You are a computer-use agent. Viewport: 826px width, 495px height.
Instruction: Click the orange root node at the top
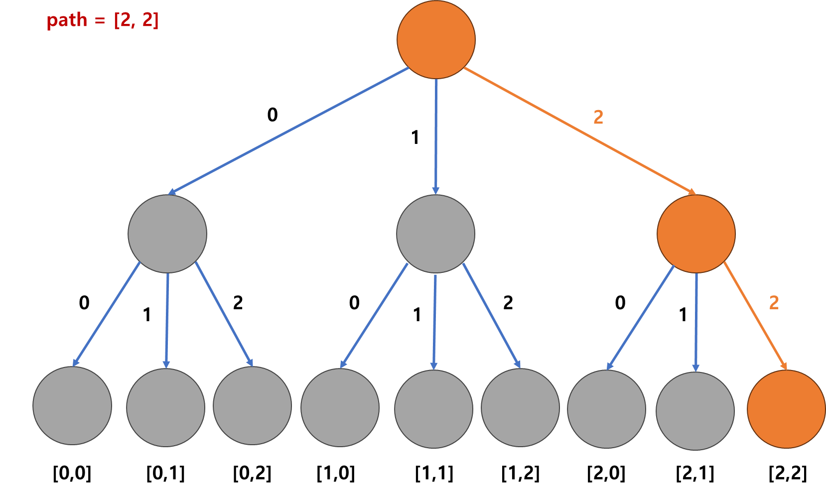coord(436,39)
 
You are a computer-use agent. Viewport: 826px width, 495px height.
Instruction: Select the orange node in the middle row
coord(696,234)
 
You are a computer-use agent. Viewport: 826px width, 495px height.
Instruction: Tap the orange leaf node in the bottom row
coord(786,409)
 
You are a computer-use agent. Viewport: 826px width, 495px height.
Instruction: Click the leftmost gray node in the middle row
coord(167,234)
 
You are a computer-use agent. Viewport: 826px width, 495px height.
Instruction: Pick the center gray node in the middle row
coord(435,234)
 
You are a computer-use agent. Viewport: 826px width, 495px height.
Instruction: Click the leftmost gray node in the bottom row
coord(72,405)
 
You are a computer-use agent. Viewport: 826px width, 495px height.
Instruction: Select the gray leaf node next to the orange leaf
coord(695,411)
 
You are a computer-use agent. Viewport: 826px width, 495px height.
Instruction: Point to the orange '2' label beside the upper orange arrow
coord(598,118)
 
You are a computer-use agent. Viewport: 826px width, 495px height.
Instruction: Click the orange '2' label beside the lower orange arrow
coord(774,303)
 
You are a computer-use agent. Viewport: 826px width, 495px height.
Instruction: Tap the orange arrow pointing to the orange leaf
coord(755,315)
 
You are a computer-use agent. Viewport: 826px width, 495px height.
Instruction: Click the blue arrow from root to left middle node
coord(289,130)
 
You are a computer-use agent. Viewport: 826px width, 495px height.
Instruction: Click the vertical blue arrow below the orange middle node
coord(696,321)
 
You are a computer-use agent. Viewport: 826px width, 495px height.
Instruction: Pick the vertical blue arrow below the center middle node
coord(434,321)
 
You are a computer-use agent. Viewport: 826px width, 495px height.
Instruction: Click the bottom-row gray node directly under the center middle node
coord(433,409)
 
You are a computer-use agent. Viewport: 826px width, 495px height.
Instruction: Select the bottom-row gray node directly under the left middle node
coord(165,407)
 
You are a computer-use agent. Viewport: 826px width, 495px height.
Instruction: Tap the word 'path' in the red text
coord(67,21)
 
